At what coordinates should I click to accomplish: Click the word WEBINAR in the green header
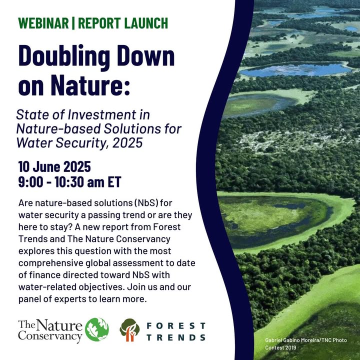[43, 23]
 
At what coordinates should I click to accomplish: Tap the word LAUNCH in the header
[146, 23]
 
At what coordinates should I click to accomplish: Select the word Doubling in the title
[64, 56]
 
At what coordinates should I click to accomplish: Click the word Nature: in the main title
[90, 84]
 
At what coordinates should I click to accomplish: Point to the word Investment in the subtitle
[108, 114]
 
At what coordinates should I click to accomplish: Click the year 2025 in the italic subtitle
[127, 142]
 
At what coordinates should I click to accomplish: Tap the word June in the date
[46, 166]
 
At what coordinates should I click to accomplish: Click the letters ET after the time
[114, 182]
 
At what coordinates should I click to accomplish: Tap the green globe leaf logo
[97, 329]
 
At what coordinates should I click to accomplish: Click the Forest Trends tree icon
[129, 330]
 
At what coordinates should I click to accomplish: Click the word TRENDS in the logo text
[176, 337]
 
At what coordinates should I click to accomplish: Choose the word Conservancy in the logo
[50, 336]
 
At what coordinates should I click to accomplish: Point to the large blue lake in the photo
[296, 69]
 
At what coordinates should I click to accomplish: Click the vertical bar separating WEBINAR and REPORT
[73, 23]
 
